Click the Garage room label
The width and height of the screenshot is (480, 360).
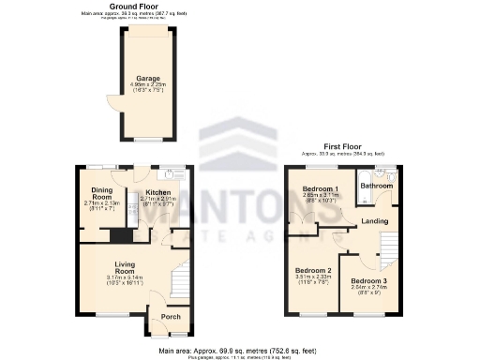point(146,78)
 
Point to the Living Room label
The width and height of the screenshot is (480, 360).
point(125,268)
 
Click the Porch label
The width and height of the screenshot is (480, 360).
point(172,316)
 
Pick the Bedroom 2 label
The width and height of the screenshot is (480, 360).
point(314,270)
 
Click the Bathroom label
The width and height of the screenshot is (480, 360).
point(377,186)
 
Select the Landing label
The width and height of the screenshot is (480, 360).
point(375,220)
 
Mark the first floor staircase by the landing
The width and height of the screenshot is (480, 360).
point(385,246)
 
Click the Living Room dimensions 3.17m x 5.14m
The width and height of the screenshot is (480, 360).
point(125,278)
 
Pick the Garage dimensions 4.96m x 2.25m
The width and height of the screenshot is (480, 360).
point(146,84)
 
